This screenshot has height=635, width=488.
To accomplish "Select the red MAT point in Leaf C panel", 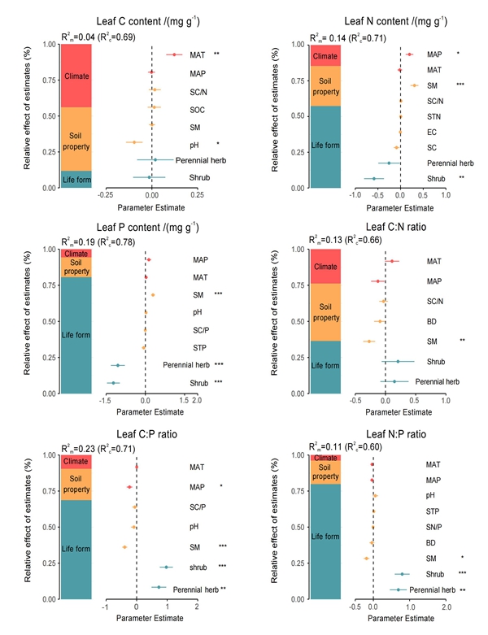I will [x=175, y=54].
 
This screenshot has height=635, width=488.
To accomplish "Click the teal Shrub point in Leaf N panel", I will [x=374, y=178].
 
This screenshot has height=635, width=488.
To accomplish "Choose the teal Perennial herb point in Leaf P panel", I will [x=119, y=366].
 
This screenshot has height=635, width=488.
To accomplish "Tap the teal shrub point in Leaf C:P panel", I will [x=166, y=567].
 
